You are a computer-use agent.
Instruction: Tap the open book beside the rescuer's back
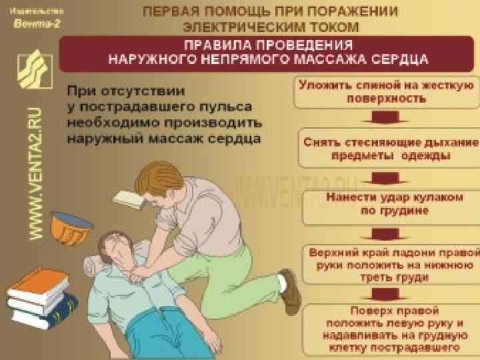click(x=131, y=198)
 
